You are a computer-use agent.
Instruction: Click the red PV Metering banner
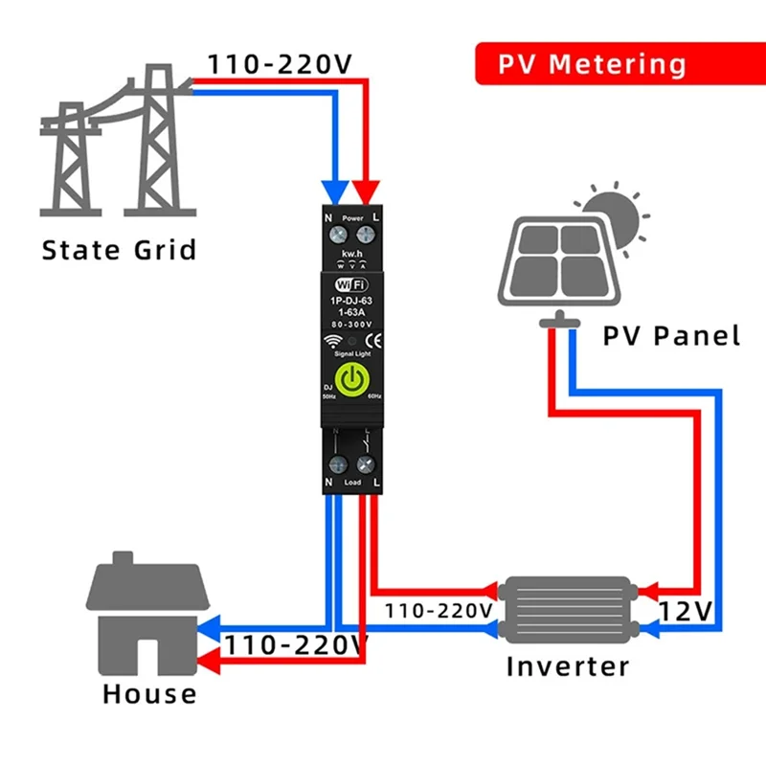[592, 65]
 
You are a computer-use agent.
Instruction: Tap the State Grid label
[119, 251]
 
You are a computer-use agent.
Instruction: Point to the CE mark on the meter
[374, 338]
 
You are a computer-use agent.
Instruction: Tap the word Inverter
[567, 665]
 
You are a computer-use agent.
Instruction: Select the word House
[149, 693]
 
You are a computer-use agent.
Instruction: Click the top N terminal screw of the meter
[337, 232]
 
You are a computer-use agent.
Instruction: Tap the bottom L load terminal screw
[364, 466]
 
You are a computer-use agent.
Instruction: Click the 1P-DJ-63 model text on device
[351, 302]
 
